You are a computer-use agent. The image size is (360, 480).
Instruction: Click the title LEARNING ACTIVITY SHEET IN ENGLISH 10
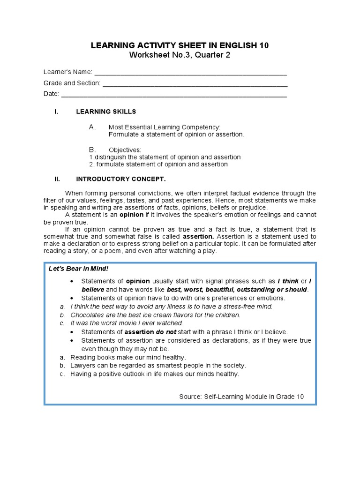click(180, 45)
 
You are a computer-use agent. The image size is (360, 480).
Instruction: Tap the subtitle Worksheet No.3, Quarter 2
click(180, 55)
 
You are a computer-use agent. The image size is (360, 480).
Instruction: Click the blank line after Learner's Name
click(190, 73)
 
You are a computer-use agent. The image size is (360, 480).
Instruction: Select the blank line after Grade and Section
click(195, 83)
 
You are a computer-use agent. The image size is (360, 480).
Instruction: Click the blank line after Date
click(174, 94)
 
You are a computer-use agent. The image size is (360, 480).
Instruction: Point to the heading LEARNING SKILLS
click(106, 112)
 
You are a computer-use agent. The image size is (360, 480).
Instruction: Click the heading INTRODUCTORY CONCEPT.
click(121, 179)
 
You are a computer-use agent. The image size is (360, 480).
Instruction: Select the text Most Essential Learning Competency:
click(164, 127)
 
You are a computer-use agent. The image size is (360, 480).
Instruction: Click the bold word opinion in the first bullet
click(137, 281)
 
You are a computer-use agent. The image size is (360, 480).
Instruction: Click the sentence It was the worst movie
click(127, 323)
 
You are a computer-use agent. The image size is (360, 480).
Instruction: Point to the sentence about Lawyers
click(158, 366)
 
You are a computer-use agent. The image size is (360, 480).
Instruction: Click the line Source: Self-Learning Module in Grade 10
click(241, 397)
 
